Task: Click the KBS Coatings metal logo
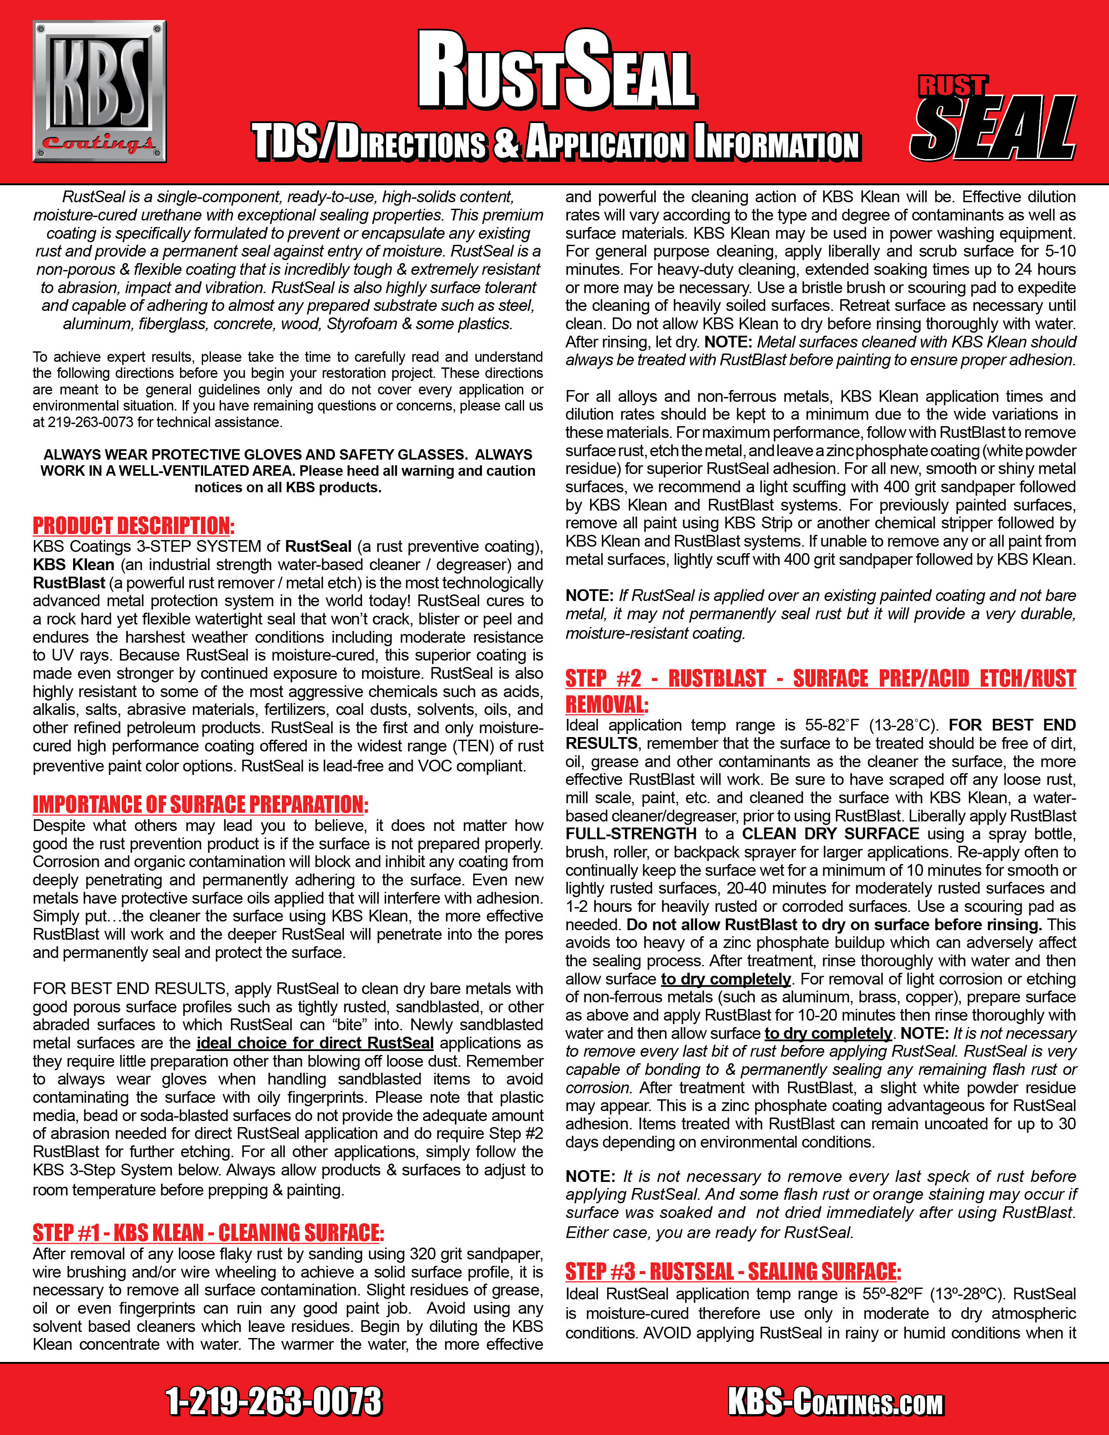pyautogui.click(x=99, y=91)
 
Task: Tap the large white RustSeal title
pyautogui.click(x=557, y=71)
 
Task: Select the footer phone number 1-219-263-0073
pyautogui.click(x=273, y=1402)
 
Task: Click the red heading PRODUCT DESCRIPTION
pyautogui.click(x=134, y=526)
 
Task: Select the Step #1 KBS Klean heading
pyautogui.click(x=207, y=1233)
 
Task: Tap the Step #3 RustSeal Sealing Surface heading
pyautogui.click(x=732, y=1271)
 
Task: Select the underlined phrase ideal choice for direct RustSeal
pyautogui.click(x=315, y=1043)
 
